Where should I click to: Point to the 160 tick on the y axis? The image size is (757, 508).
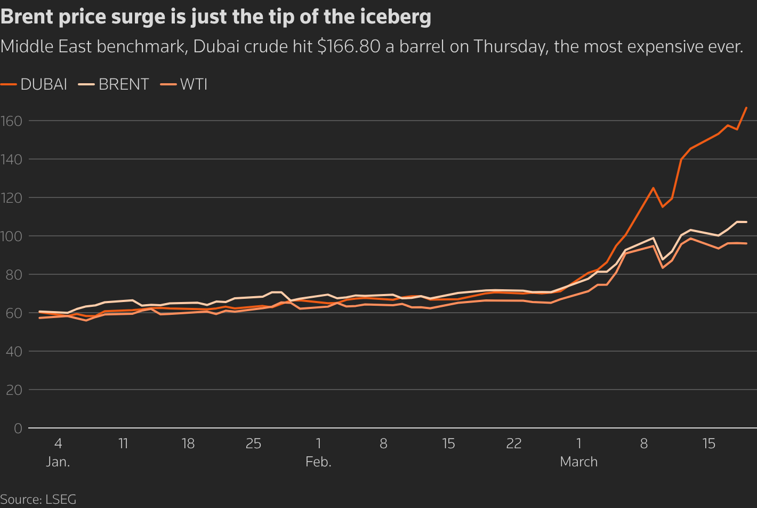[x=11, y=121]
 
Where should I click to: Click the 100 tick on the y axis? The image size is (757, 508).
[x=11, y=236]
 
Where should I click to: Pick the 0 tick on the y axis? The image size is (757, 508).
[x=18, y=428]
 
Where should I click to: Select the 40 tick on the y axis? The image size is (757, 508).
[x=14, y=352]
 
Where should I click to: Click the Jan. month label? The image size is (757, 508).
[x=58, y=462]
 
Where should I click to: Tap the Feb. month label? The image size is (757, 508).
[x=318, y=462]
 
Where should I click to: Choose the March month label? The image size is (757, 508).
[x=578, y=462]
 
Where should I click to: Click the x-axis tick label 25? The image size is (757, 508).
[x=253, y=443]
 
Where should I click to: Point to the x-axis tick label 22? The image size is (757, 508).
[x=513, y=443]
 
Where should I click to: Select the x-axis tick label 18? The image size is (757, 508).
[x=188, y=443]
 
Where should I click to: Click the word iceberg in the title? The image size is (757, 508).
[x=391, y=17]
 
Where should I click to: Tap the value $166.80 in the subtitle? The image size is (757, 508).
[x=349, y=47]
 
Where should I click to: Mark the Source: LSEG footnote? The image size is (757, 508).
[x=38, y=500]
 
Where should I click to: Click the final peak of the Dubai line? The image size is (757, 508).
[x=746, y=108]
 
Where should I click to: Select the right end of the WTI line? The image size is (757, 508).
[x=746, y=243]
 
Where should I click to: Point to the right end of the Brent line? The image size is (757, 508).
[x=746, y=222]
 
